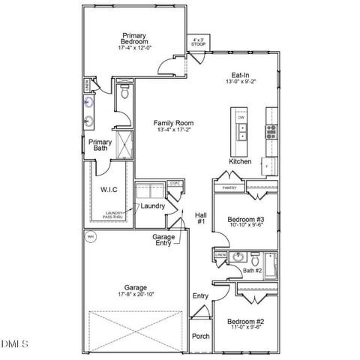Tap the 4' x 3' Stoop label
tap(198, 42)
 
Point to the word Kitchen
tap(240, 161)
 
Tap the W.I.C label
tap(109, 190)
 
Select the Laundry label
tap(152, 205)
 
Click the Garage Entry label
tap(163, 239)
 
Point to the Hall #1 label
tap(200, 218)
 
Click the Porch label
tap(200, 337)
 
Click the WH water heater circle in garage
tap(91, 238)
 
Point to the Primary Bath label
tap(100, 145)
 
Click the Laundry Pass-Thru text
tap(116, 214)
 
